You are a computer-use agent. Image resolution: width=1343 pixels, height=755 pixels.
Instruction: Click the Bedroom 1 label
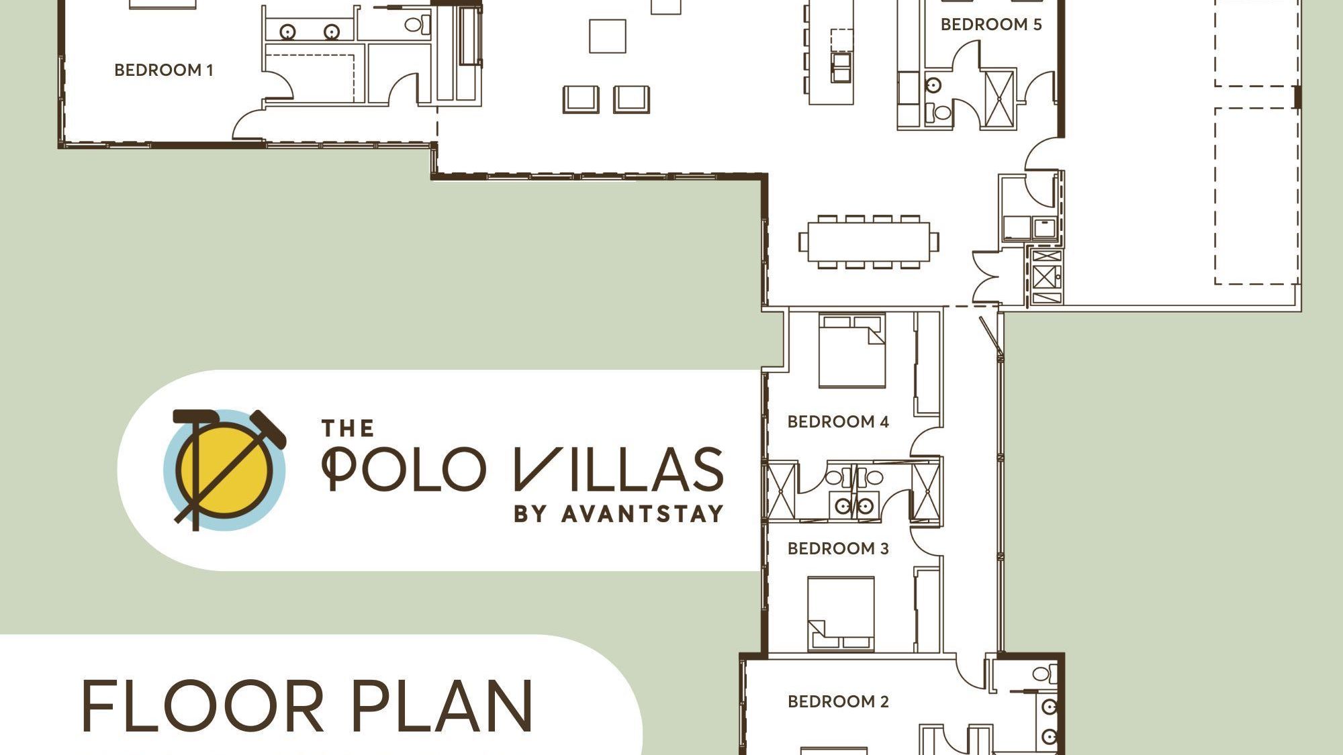click(164, 70)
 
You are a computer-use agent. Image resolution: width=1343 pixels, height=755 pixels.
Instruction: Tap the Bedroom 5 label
click(990, 25)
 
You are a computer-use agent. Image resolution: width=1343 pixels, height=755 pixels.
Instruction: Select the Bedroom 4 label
click(838, 421)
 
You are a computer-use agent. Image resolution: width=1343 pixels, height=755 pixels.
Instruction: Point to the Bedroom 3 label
click(838, 548)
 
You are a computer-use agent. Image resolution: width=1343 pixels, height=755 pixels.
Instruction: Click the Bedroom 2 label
click(838, 701)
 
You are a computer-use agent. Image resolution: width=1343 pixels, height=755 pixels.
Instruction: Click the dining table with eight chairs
click(869, 242)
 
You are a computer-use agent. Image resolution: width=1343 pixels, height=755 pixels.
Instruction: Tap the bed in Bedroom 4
click(851, 352)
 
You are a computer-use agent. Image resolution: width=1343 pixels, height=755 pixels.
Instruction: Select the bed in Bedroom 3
click(841, 612)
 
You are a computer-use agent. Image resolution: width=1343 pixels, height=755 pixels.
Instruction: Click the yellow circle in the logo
click(225, 470)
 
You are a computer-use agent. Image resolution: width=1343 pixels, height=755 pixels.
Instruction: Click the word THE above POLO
click(347, 428)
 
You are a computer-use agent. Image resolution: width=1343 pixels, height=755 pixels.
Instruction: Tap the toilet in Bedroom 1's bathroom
click(414, 26)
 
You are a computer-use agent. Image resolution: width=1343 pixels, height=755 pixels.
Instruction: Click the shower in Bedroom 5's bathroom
click(1000, 98)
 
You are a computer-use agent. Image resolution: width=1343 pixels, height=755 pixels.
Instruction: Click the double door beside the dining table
click(986, 276)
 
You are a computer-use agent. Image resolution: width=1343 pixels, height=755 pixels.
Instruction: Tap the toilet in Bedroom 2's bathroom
click(1041, 673)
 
